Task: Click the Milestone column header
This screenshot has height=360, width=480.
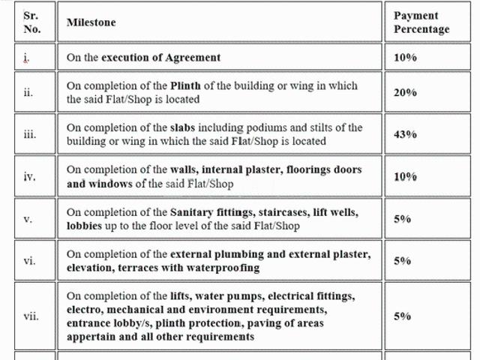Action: point(91,22)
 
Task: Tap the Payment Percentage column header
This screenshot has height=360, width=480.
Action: point(421,22)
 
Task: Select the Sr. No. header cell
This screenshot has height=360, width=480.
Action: point(32,22)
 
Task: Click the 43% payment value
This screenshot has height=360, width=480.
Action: point(405,134)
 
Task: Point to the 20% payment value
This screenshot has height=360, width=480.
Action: point(405,92)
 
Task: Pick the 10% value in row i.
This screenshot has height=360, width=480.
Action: point(405,58)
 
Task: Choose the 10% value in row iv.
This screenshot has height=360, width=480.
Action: point(405,177)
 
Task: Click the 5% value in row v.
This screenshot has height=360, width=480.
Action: point(402,219)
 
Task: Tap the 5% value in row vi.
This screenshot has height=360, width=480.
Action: point(402,261)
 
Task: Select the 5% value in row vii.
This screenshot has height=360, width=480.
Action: point(402,316)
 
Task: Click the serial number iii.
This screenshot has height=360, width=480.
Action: point(30,134)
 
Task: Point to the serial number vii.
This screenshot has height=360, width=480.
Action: point(31,316)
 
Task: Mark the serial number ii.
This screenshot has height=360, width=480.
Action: point(28,92)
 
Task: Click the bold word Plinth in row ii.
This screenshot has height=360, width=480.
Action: point(185,85)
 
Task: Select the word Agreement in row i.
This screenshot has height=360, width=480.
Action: point(193,58)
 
